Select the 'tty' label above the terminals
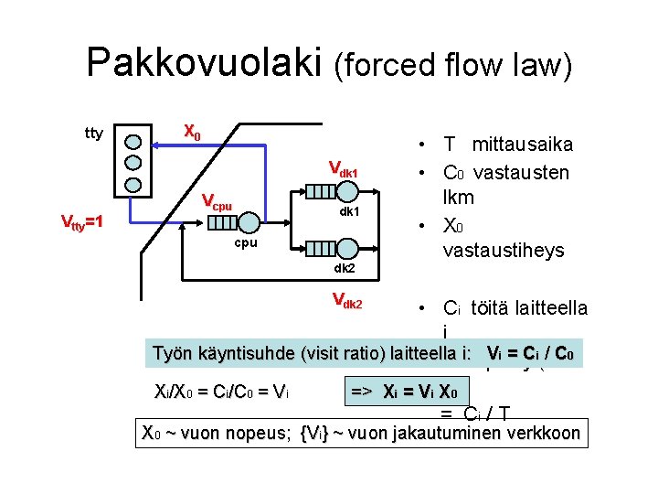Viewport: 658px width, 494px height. [93, 134]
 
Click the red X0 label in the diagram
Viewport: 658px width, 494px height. [191, 132]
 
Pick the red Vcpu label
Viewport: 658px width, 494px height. [217, 200]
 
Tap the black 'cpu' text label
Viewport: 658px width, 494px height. [245, 244]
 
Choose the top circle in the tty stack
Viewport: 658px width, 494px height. [133, 142]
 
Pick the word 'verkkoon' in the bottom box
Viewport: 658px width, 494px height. [546, 433]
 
